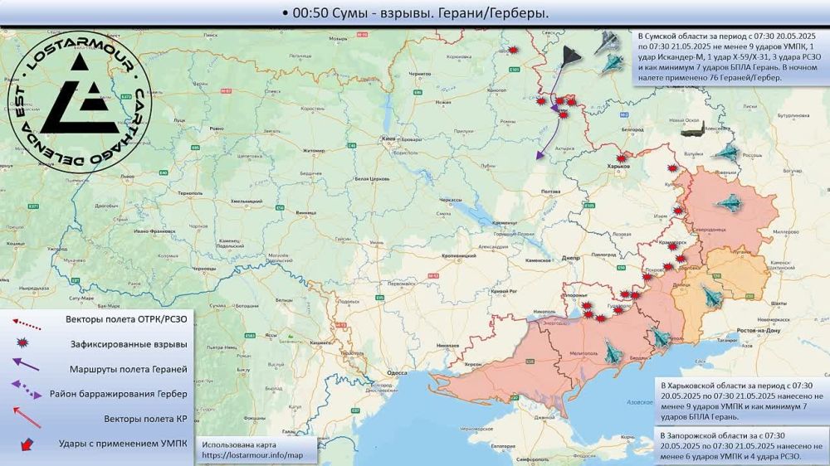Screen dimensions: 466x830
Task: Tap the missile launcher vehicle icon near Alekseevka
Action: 693,129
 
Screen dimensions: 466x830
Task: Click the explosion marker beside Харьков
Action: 620,158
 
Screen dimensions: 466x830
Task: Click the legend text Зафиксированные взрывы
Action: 127,343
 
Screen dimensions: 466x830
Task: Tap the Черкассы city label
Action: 451,201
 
